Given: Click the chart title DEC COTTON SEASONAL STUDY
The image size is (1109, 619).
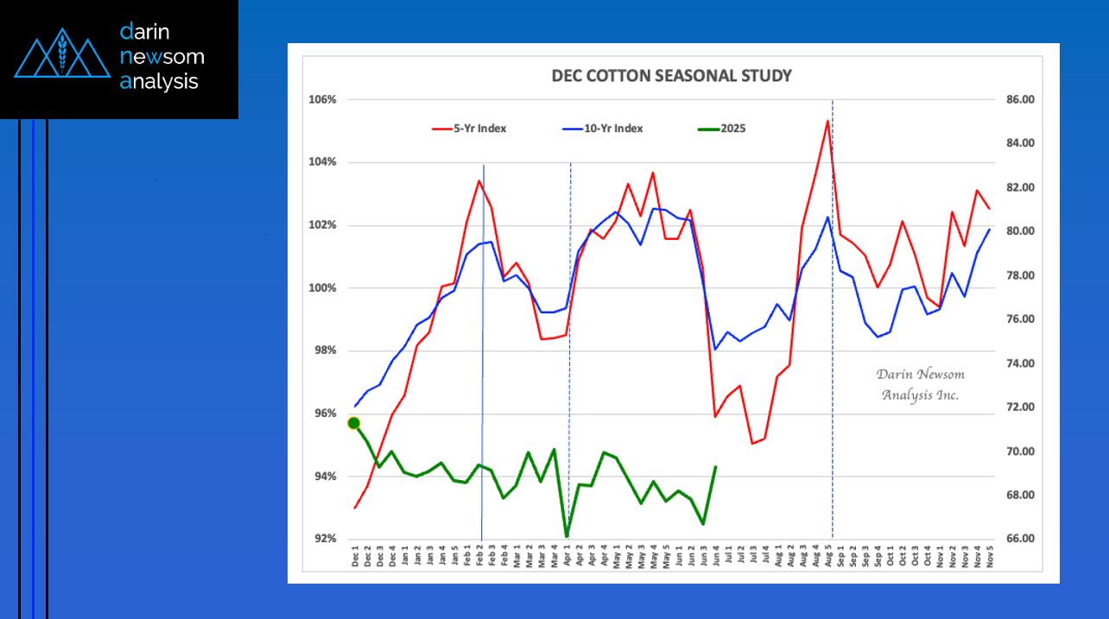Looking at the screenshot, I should (x=671, y=76).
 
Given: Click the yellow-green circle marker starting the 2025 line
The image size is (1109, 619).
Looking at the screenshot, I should (x=354, y=423).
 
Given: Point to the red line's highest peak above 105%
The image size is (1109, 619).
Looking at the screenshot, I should (x=827, y=121).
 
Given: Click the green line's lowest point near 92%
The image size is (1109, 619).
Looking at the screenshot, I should (x=567, y=536).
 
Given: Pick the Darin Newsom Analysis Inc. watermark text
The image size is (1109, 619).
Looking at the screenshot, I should (x=920, y=384).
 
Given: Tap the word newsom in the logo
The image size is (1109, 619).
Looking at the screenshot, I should (x=162, y=57).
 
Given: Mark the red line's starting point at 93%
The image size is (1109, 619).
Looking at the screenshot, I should (x=355, y=508).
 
